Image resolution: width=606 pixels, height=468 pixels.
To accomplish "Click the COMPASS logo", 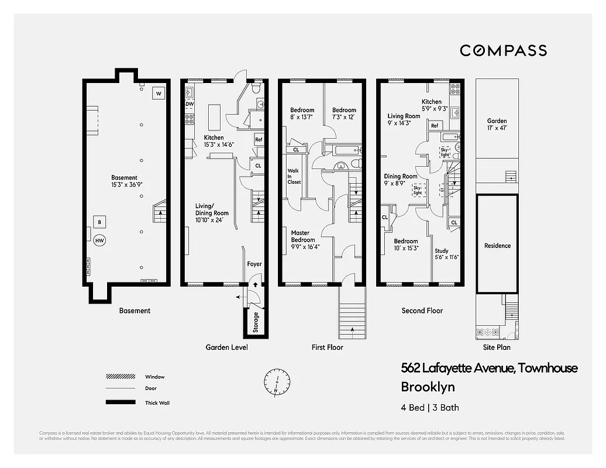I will tap(503, 51).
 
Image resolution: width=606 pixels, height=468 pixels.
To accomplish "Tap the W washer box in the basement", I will tap(158, 93).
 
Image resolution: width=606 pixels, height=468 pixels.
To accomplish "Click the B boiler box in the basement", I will tap(99, 222).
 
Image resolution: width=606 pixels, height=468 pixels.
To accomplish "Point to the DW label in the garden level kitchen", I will tap(189, 105).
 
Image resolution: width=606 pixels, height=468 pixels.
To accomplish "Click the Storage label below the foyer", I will tap(256, 322).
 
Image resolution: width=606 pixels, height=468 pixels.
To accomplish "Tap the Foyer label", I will tap(254, 264).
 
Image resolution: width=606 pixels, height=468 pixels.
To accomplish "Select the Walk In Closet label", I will tap(294, 177).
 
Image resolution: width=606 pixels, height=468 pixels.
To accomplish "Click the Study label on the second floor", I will tap(442, 251).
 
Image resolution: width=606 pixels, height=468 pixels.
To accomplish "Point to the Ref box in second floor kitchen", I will tap(435, 126).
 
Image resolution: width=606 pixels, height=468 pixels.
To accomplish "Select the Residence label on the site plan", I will tap(497, 246).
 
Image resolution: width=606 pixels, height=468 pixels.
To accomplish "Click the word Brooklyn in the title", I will tap(428, 387).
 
